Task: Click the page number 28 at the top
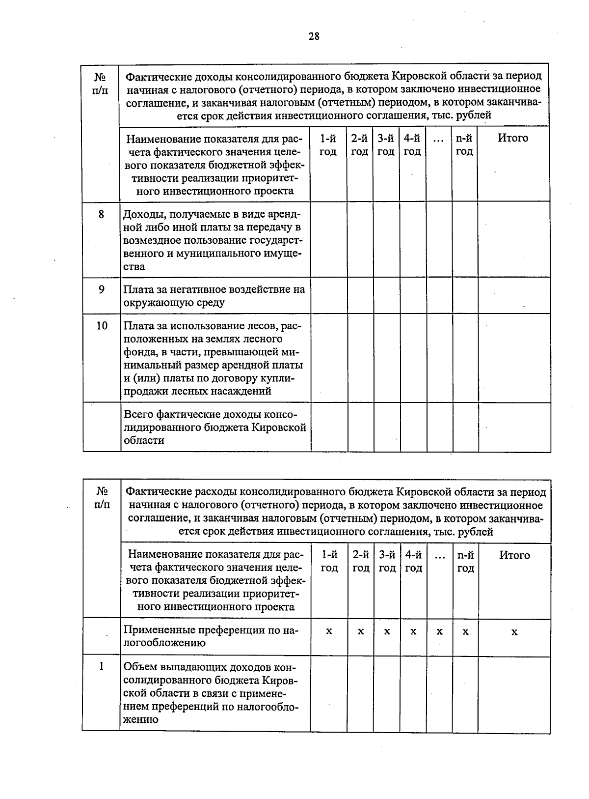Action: (314, 36)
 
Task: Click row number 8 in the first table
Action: (102, 214)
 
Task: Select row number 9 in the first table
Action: (102, 289)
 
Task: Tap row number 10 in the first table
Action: (102, 325)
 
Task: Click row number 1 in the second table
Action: (102, 666)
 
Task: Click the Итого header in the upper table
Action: (513, 138)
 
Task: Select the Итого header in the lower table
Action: (514, 555)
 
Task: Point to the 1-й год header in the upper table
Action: (328, 145)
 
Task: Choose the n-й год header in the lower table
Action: (465, 562)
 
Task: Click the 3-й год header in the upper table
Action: (386, 145)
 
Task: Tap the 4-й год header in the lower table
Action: (413, 562)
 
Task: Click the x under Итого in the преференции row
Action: (514, 631)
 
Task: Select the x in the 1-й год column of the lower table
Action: (329, 631)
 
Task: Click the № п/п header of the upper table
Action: (101, 84)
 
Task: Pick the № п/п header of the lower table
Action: (102, 498)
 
